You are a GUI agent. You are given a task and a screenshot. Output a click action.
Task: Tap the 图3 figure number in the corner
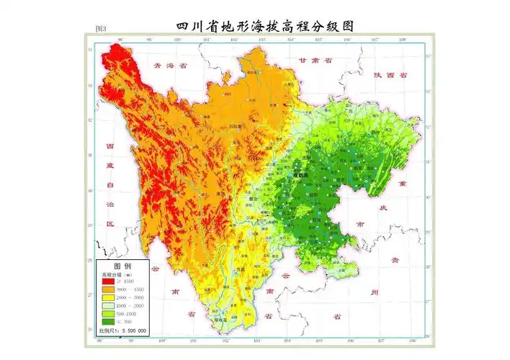coord(101,29)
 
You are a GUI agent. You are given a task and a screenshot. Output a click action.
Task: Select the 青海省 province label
coord(170,66)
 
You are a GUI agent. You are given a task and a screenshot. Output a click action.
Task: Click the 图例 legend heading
coord(122,265)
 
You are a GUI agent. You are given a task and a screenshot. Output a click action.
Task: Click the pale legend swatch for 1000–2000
coord(109,306)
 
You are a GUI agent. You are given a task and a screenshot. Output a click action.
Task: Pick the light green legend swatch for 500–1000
coord(109,314)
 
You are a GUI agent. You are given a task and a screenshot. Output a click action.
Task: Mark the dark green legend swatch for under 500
coord(109,322)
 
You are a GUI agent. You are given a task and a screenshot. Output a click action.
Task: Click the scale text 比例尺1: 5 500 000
coord(122,330)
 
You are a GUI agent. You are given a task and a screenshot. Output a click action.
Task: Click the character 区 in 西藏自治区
coord(110,223)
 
